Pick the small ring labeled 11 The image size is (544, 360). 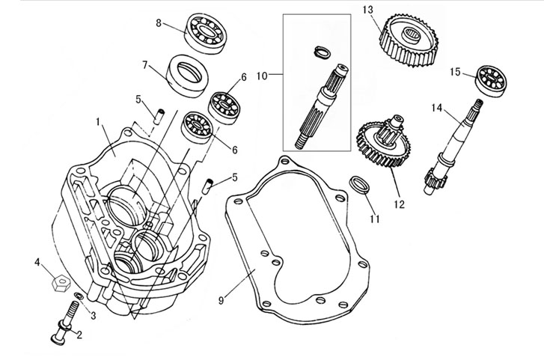(359, 185)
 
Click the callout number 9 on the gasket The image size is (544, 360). (221, 300)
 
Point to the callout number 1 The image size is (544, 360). (98, 120)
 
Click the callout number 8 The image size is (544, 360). (159, 23)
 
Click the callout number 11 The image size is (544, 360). (375, 219)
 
